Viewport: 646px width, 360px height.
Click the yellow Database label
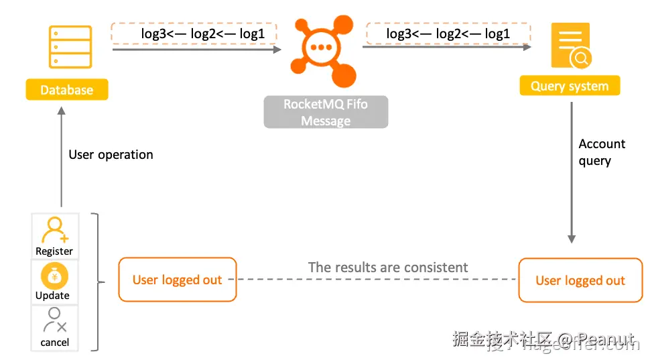66,90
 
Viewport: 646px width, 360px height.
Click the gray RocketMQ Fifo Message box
326,113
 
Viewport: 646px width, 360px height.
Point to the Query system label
570,86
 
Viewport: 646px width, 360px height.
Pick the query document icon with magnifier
570,46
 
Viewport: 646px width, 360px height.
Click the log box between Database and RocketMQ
194,34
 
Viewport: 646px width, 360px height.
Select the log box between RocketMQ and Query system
448,34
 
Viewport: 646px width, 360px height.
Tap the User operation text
111,155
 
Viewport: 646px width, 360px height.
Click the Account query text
601,152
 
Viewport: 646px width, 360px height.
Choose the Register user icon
55,230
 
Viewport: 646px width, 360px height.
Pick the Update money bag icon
54,276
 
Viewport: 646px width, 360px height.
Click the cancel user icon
55,321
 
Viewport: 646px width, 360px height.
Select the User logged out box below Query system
580,280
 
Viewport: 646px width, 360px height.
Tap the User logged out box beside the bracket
177,280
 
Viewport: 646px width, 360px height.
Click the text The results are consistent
387,267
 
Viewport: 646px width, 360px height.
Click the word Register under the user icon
54,251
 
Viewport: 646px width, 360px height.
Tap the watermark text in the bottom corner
543,341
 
